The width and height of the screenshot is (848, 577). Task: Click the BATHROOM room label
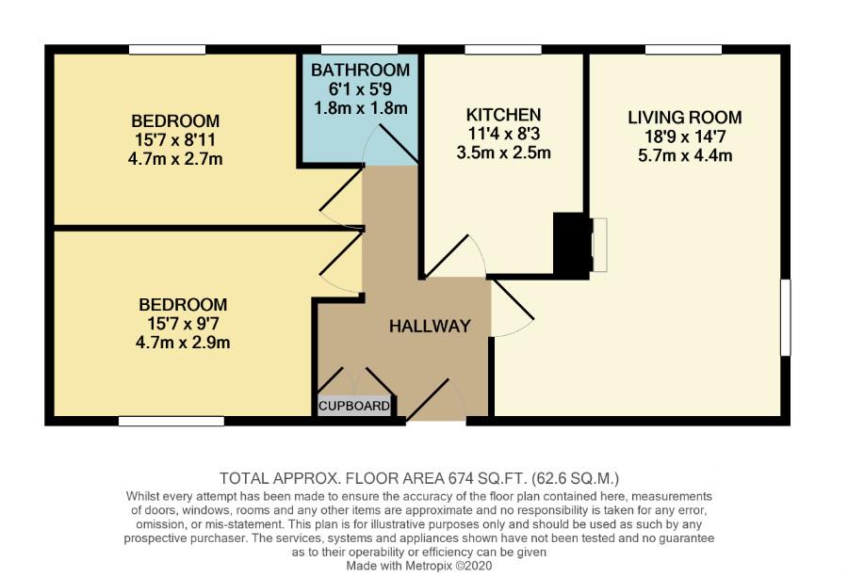360,71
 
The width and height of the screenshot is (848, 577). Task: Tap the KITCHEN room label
505,115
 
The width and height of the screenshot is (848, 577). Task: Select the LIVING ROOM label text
685,118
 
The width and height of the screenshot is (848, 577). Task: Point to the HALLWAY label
430,327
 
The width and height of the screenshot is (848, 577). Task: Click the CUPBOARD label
354,407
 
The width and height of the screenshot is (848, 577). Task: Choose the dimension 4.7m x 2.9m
183,343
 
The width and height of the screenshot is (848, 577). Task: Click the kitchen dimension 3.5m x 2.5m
505,152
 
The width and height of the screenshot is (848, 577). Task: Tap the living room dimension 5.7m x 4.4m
685,155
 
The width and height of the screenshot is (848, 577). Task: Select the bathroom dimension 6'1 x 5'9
360,89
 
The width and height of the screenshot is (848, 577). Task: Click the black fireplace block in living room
570,245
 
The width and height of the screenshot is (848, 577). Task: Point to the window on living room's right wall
785,317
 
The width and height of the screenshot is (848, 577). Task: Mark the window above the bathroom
359,49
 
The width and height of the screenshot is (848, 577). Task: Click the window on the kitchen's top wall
497,49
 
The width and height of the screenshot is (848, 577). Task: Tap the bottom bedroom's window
171,421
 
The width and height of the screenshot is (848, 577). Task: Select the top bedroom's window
167,49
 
